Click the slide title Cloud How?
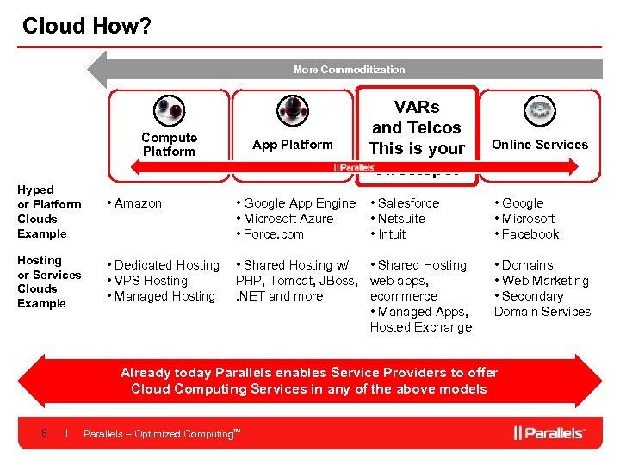86,27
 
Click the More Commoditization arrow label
349,70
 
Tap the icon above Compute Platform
169,111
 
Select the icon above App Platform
293,111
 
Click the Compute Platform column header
169,145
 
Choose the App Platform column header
293,145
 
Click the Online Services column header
540,145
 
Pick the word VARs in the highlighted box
417,108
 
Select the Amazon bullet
138,203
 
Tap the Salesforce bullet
408,203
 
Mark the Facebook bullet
530,234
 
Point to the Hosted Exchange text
421,327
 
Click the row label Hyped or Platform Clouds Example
49,211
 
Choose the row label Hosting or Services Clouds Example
49,282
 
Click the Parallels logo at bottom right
549,432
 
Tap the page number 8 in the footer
44,433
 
